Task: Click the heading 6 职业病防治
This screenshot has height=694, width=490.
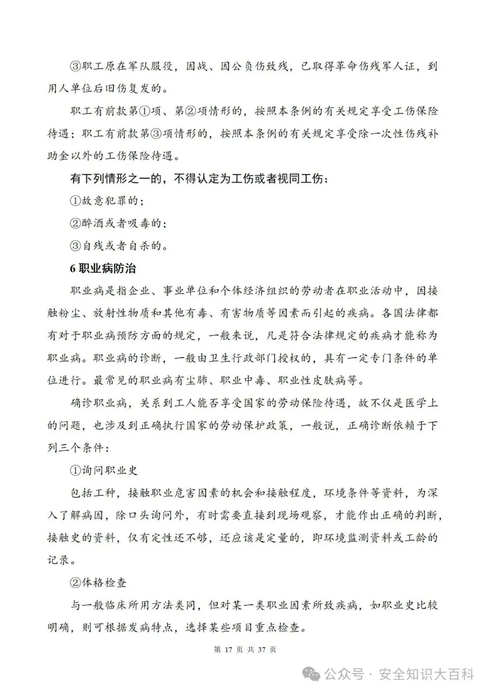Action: click(103, 269)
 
